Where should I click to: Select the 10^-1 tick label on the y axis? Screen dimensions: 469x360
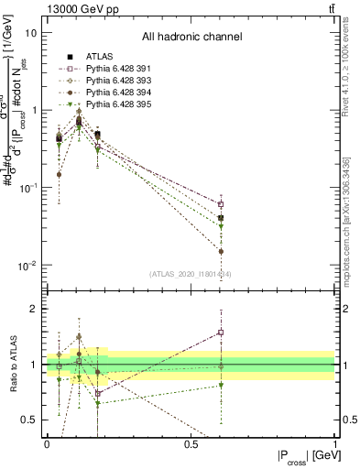(27, 188)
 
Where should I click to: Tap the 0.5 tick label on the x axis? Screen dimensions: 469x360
(191, 444)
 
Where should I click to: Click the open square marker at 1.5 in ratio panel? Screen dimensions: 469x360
(221, 333)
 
